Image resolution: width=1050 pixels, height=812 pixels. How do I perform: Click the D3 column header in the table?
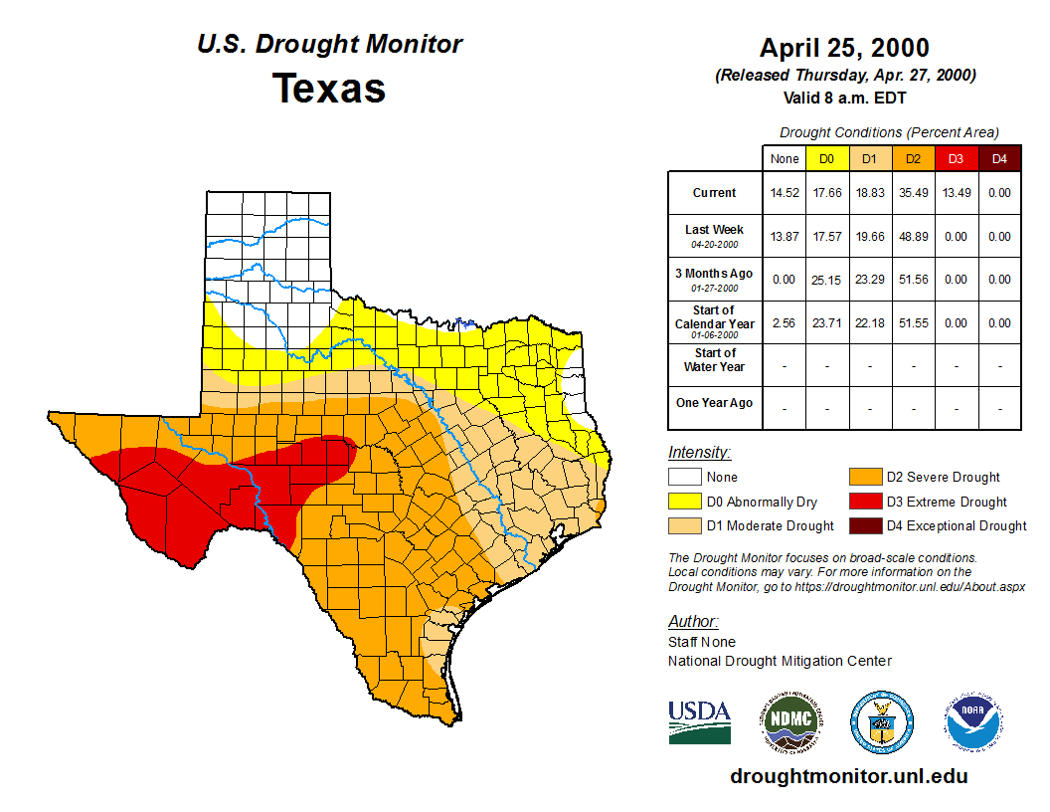point(956,158)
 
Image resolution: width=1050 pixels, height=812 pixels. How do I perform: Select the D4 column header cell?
point(999,158)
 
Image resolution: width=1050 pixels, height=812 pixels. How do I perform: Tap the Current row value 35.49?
point(913,193)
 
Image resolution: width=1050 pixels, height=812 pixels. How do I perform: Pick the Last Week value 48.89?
point(913,237)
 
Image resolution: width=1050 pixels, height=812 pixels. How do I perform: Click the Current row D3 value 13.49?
point(956,193)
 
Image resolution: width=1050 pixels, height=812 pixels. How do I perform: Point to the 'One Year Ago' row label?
point(715,403)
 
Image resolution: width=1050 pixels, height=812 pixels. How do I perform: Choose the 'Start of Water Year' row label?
point(715,359)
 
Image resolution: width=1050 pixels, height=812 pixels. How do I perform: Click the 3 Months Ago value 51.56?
point(913,280)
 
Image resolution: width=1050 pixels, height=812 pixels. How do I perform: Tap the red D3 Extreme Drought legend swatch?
point(864,502)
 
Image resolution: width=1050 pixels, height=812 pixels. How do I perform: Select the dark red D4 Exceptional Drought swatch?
point(864,525)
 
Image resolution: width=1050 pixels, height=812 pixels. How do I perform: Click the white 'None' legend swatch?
point(685,478)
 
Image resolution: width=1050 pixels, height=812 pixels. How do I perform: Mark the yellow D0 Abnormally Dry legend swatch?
point(685,502)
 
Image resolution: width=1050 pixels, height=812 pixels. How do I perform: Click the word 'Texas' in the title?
point(329,88)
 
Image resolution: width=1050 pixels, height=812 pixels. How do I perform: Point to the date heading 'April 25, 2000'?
point(844,48)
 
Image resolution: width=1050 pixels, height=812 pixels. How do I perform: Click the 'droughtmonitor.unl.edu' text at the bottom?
point(848,776)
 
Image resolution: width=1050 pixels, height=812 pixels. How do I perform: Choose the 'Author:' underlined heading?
point(693,622)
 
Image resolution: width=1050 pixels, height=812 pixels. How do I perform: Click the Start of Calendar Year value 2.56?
point(785,323)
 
